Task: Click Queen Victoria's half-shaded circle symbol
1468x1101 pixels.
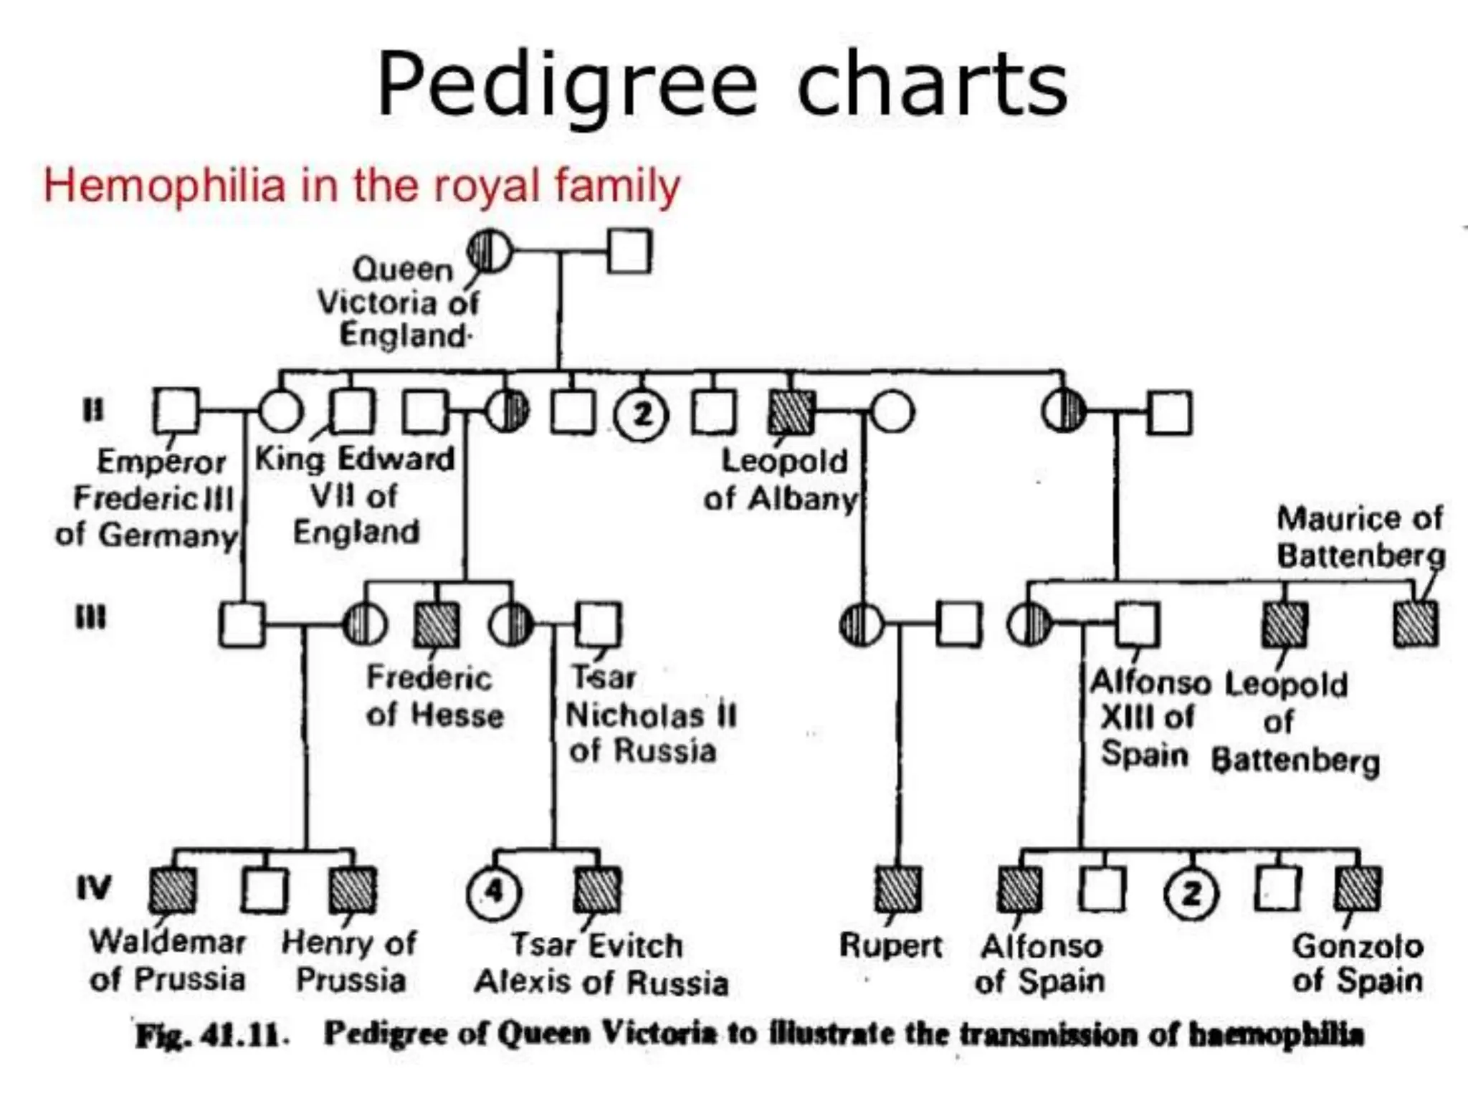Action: [490, 251]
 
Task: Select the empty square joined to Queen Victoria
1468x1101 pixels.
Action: [629, 251]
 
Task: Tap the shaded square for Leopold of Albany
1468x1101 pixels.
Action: [791, 413]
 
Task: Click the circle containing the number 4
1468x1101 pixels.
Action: [493, 893]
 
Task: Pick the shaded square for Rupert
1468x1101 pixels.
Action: [898, 889]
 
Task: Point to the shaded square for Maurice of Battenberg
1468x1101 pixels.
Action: [1416, 624]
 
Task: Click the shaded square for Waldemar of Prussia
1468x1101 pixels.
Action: [173, 890]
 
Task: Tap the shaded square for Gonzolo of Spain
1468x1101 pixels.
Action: [1358, 889]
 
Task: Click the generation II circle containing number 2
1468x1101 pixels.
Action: [642, 414]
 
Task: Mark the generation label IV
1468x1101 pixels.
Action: [94, 889]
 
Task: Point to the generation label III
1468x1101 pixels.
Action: [92, 617]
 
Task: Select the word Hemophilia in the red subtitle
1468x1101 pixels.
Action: [164, 185]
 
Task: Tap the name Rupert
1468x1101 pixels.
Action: [890, 945]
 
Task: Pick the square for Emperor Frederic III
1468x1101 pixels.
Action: [176, 411]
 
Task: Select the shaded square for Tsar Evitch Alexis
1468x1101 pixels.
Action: [598, 890]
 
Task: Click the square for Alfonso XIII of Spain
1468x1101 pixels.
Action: [1137, 624]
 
